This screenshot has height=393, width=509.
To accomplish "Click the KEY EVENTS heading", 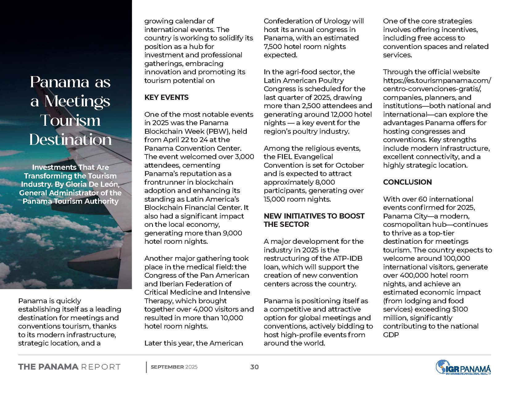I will click(x=166, y=97).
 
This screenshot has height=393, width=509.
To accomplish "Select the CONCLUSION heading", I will click(x=407, y=182).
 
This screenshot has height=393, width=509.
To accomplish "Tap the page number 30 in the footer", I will click(x=254, y=367).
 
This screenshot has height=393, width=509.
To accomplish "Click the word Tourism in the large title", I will click(x=70, y=120).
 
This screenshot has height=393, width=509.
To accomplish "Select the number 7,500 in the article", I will click(x=274, y=47).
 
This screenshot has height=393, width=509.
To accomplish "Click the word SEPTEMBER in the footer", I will click(x=167, y=367).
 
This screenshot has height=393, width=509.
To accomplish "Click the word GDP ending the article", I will click(x=391, y=335).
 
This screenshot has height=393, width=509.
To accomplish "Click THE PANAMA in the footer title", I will click(x=48, y=367).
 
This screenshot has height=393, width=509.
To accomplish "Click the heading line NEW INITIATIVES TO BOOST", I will click(x=314, y=216).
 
